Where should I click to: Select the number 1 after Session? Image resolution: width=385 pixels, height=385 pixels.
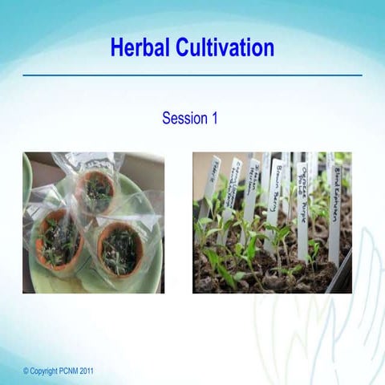tap(214, 119)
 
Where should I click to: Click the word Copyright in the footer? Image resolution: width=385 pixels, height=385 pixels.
tap(47, 371)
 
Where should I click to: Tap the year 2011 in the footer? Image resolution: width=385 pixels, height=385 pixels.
tap(93, 371)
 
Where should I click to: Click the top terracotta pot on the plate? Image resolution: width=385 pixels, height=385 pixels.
tap(98, 192)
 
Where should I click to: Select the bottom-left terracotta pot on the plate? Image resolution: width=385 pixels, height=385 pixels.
tap(58, 237)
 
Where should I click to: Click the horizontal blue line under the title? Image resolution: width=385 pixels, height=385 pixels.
tap(192, 75)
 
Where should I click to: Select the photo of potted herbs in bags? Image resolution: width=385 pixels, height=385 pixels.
tap(93, 222)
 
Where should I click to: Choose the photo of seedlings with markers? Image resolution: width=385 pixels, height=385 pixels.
tap(272, 222)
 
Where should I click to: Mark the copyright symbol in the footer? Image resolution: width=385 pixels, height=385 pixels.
tap(26, 371)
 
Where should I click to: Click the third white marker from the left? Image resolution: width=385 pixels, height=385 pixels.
tap(252, 188)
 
